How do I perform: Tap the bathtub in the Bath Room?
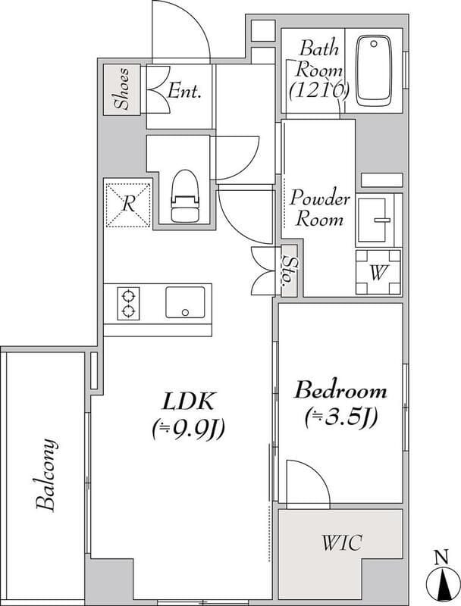click(x=374, y=70)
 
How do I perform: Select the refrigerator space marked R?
click(x=128, y=205)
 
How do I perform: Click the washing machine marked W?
click(x=378, y=273)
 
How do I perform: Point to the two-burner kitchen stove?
click(x=128, y=304)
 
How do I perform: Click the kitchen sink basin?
click(x=185, y=302)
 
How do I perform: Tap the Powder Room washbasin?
click(x=374, y=220)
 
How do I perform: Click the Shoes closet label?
click(x=123, y=89)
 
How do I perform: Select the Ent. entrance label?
click(x=184, y=91)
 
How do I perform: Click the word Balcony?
click(x=46, y=475)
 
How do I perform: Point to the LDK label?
click(x=187, y=401)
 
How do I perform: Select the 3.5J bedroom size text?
click(x=340, y=417)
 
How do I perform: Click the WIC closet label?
click(x=342, y=542)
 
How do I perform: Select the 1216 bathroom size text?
click(x=320, y=91)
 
